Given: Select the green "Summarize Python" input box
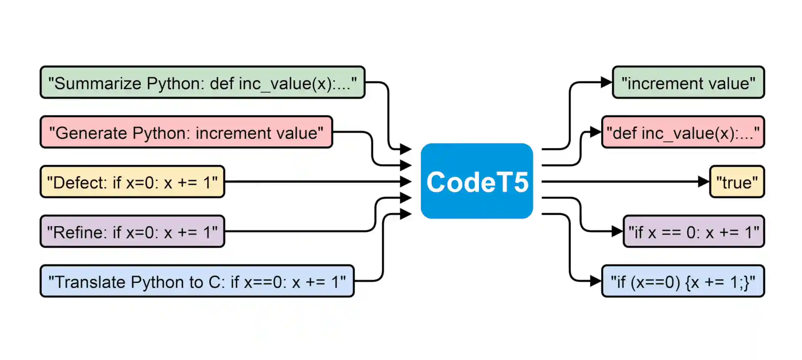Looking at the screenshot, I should (203, 83).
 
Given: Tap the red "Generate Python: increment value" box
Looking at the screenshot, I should (186, 133).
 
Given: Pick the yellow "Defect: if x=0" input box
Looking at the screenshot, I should (132, 182).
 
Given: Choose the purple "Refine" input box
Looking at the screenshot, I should (132, 231).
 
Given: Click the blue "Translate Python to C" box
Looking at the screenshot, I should (197, 281).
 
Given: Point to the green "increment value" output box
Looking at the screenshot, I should (688, 83).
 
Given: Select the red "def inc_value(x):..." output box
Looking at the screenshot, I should (683, 133).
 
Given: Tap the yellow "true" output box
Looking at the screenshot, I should (737, 182).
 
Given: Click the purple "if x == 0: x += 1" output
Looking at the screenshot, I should (694, 231).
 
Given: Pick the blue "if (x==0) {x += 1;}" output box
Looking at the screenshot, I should (683, 281).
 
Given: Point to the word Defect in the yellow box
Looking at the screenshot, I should (80, 183).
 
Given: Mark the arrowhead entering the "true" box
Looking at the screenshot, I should (704, 182).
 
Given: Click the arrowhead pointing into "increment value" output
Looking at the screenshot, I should (606, 82).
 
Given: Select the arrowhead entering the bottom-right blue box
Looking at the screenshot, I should (595, 281).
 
